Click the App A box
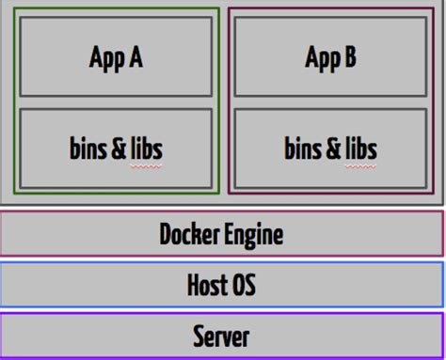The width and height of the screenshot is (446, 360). (116, 56)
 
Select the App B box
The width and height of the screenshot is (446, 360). (330, 56)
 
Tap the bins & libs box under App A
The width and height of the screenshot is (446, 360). (116, 148)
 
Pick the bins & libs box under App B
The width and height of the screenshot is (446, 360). (330, 148)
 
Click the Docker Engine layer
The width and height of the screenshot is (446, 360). (222, 233)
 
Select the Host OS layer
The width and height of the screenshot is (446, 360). (222, 284)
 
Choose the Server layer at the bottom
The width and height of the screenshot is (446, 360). (222, 335)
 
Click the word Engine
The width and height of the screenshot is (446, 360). (254, 234)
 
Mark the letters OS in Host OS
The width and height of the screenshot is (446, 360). (244, 284)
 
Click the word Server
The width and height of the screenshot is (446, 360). (222, 335)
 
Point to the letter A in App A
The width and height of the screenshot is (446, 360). (135, 57)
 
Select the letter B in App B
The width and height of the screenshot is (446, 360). (349, 57)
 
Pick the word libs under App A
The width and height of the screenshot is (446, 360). (144, 148)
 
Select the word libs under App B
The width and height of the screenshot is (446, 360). (358, 148)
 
